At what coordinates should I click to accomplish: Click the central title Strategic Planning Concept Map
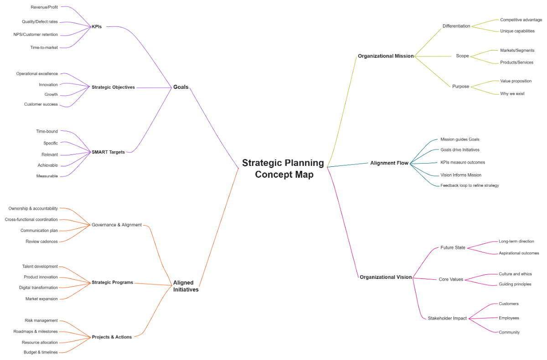pyautogui.click(x=283, y=169)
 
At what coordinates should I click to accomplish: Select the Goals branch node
pyautogui.click(x=181, y=87)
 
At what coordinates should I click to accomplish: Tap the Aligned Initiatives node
pyautogui.click(x=186, y=286)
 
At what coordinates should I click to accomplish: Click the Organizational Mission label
pyautogui.click(x=386, y=56)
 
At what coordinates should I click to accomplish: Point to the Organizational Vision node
pyautogui.click(x=386, y=277)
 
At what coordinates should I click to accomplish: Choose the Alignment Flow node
pyautogui.click(x=389, y=163)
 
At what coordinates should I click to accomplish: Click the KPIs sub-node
pyautogui.click(x=97, y=27)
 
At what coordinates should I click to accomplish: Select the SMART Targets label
pyautogui.click(x=108, y=152)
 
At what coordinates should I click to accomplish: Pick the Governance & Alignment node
pyautogui.click(x=117, y=225)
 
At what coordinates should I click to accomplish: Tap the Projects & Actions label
pyautogui.click(x=112, y=337)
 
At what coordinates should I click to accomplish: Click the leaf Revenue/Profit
pyautogui.click(x=44, y=7)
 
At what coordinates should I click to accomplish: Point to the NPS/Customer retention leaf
pyautogui.click(x=36, y=35)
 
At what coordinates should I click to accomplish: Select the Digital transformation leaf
pyautogui.click(x=38, y=288)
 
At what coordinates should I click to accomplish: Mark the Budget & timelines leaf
pyautogui.click(x=41, y=352)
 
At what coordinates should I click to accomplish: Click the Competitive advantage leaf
pyautogui.click(x=521, y=20)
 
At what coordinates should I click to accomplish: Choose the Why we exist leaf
pyautogui.click(x=512, y=94)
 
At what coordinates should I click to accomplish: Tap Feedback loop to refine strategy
pyautogui.click(x=470, y=185)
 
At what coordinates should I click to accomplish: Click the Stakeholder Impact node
pyautogui.click(x=447, y=319)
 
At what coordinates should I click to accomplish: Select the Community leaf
pyautogui.click(x=509, y=333)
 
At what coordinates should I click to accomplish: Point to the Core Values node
pyautogui.click(x=451, y=280)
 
